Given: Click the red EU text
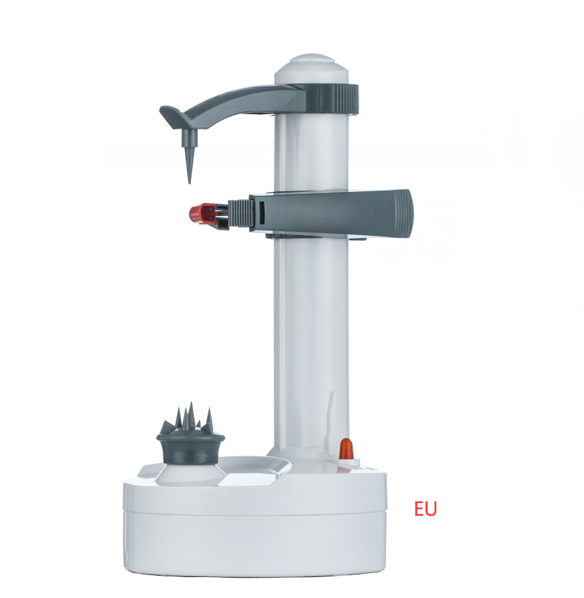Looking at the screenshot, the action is (x=425, y=509).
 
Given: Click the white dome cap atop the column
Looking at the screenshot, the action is (x=312, y=69).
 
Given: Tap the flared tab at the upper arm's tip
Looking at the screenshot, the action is (x=172, y=117).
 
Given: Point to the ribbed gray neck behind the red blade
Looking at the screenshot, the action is (x=240, y=213).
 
